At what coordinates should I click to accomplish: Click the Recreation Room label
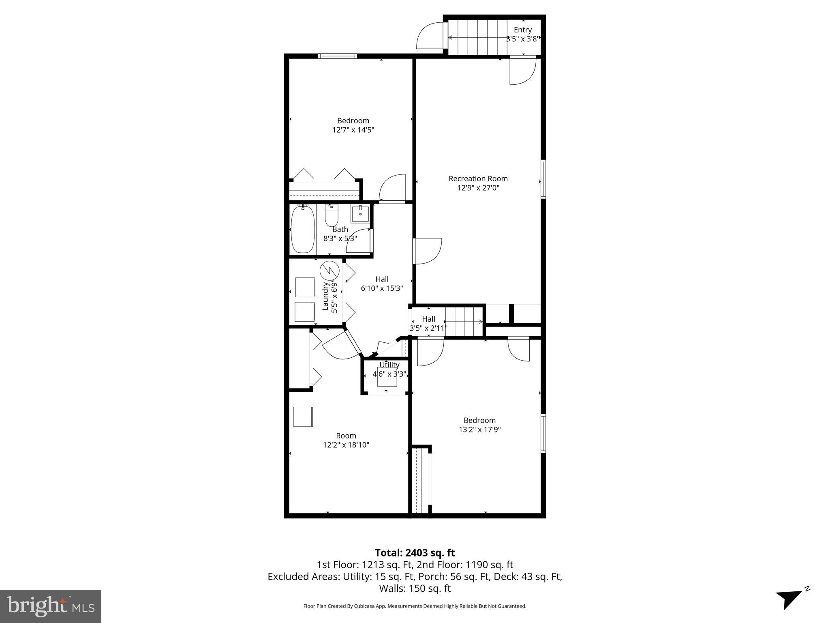[478, 178]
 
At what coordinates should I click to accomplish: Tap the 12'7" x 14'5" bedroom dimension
[353, 130]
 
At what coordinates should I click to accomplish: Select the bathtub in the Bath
[303, 230]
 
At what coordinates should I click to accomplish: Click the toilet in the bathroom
[332, 216]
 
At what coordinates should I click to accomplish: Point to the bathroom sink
[360, 214]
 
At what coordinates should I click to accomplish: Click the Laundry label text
[325, 296]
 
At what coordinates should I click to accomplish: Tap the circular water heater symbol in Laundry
[329, 271]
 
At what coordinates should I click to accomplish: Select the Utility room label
[389, 365]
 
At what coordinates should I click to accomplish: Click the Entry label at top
[522, 30]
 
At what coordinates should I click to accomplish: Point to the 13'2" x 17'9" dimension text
[479, 430]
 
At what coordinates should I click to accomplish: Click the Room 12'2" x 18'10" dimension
[346, 445]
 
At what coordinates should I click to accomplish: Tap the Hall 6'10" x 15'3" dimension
[382, 288]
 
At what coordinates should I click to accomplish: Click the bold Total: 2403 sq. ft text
[415, 553]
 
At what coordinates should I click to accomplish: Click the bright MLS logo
[50, 606]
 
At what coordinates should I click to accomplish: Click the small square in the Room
[303, 417]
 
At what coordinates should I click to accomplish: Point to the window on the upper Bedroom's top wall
[338, 56]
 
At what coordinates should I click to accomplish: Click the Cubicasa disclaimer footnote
[415, 606]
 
